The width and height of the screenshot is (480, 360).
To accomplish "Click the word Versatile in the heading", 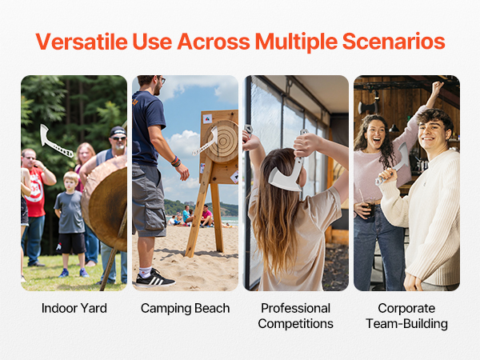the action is [82, 42].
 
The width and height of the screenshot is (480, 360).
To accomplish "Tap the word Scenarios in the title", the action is [394, 42].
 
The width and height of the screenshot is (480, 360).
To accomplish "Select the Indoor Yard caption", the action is [74, 308].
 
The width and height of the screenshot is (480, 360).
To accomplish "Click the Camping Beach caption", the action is [186, 308].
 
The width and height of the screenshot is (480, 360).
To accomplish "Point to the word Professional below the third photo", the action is [296, 308].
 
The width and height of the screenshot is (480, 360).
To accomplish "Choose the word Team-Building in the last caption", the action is [407, 323].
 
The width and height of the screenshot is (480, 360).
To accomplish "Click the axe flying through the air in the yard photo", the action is [55, 141].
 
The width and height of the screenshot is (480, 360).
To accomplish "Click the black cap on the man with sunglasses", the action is [118, 131].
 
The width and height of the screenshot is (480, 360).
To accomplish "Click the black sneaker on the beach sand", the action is [155, 278].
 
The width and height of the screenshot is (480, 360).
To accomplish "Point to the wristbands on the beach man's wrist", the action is [176, 162].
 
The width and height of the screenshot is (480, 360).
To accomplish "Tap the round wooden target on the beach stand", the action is [223, 142].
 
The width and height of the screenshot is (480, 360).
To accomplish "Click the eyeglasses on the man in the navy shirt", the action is [162, 79].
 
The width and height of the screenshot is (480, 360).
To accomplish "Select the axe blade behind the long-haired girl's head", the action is [286, 178].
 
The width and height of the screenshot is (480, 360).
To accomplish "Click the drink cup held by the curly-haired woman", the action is [369, 209].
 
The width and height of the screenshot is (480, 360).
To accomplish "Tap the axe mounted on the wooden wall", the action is [368, 107].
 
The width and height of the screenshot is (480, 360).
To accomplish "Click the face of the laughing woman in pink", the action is [376, 134].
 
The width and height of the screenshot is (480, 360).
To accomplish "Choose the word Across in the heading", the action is [214, 42].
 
